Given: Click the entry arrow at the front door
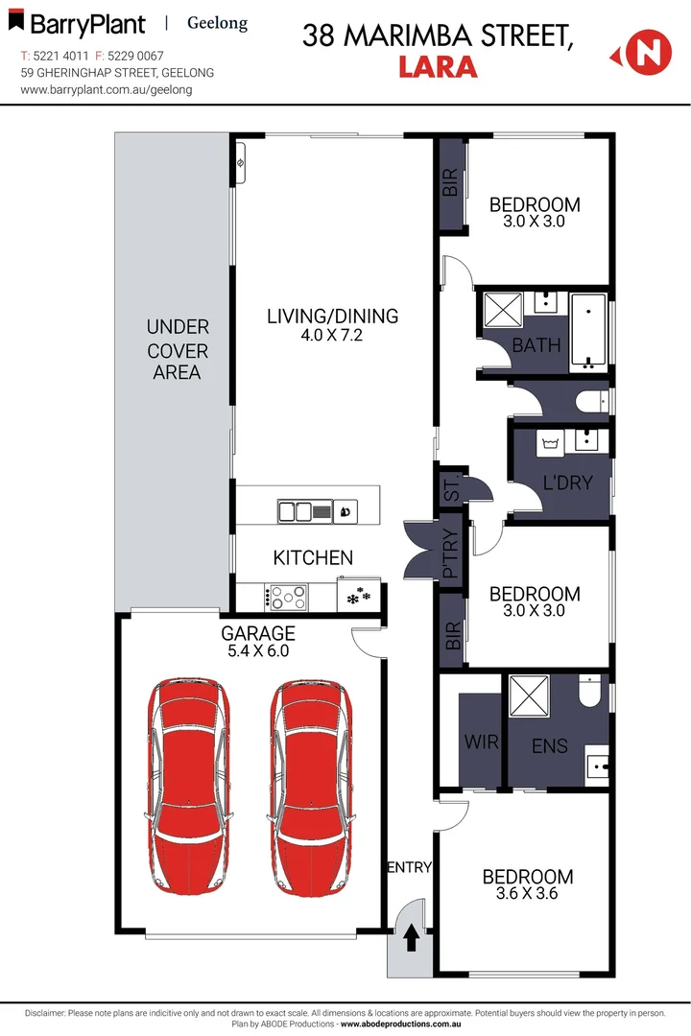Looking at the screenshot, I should tap(411, 935).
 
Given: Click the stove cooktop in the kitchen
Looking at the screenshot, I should tap(288, 598).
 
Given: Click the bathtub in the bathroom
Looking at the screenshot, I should tap(588, 331).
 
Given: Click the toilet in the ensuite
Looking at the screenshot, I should tap(590, 690).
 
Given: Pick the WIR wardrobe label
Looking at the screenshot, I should tap(481, 742).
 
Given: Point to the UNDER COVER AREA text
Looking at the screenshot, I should tap(177, 349).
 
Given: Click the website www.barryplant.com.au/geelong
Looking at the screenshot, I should tap(107, 89).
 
